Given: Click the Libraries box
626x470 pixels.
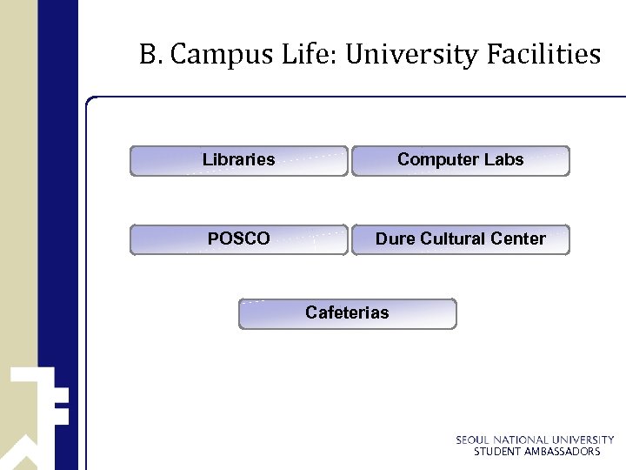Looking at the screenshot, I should tap(239, 161).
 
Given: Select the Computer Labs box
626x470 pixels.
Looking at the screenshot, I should tap(461, 161).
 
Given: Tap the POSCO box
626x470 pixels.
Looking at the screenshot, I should tap(239, 239).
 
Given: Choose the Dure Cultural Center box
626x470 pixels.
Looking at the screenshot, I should tap(461, 239).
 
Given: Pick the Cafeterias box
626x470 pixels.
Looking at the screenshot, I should tap(348, 313).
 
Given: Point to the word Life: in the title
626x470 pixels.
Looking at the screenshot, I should tap(308, 56).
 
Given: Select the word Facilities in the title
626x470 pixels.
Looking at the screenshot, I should tap(543, 56).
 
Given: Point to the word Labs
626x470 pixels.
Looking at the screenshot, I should tap(503, 159).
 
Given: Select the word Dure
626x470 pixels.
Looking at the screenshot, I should tap(396, 238).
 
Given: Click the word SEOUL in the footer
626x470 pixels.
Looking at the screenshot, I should tap(474, 440).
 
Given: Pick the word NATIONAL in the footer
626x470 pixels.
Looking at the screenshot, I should tap(523, 440).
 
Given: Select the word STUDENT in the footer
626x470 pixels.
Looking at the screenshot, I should tap(496, 452).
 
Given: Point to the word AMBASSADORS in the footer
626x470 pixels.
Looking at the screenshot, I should tap(563, 452).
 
